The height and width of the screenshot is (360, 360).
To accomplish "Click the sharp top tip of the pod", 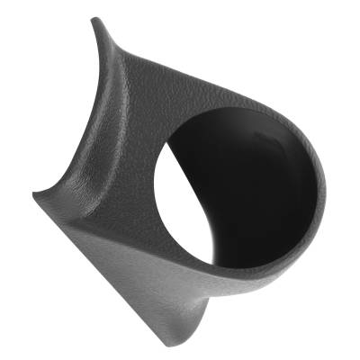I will (94, 18).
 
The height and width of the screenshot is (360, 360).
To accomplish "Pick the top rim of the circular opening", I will (225, 115).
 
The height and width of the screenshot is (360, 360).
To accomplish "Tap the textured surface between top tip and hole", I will (144, 90).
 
